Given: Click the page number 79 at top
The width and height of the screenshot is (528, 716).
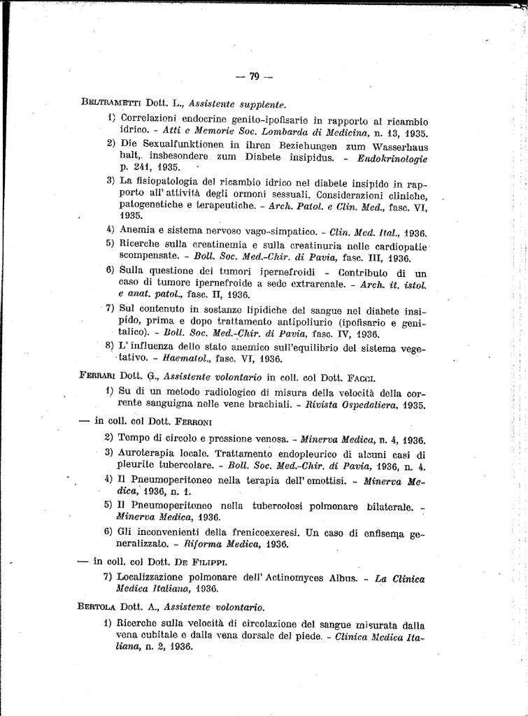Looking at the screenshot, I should (255, 76).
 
